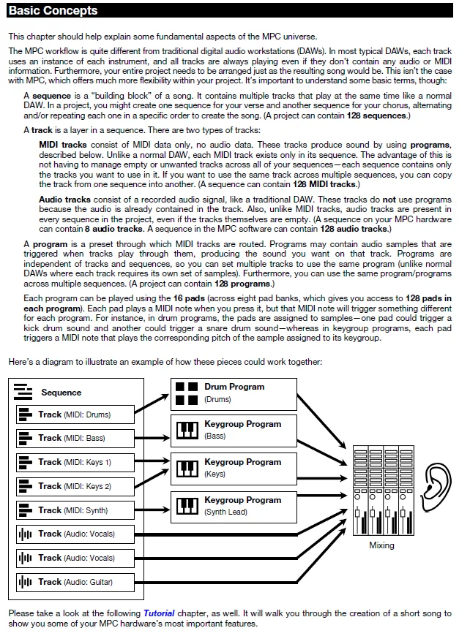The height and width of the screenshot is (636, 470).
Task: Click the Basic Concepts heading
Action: click(x=53, y=11)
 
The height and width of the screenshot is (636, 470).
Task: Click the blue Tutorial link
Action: click(x=159, y=613)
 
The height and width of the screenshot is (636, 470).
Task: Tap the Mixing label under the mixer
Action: click(x=381, y=545)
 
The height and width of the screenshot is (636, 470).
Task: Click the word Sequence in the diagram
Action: click(x=61, y=393)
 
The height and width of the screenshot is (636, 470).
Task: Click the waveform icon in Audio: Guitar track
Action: click(x=26, y=582)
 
